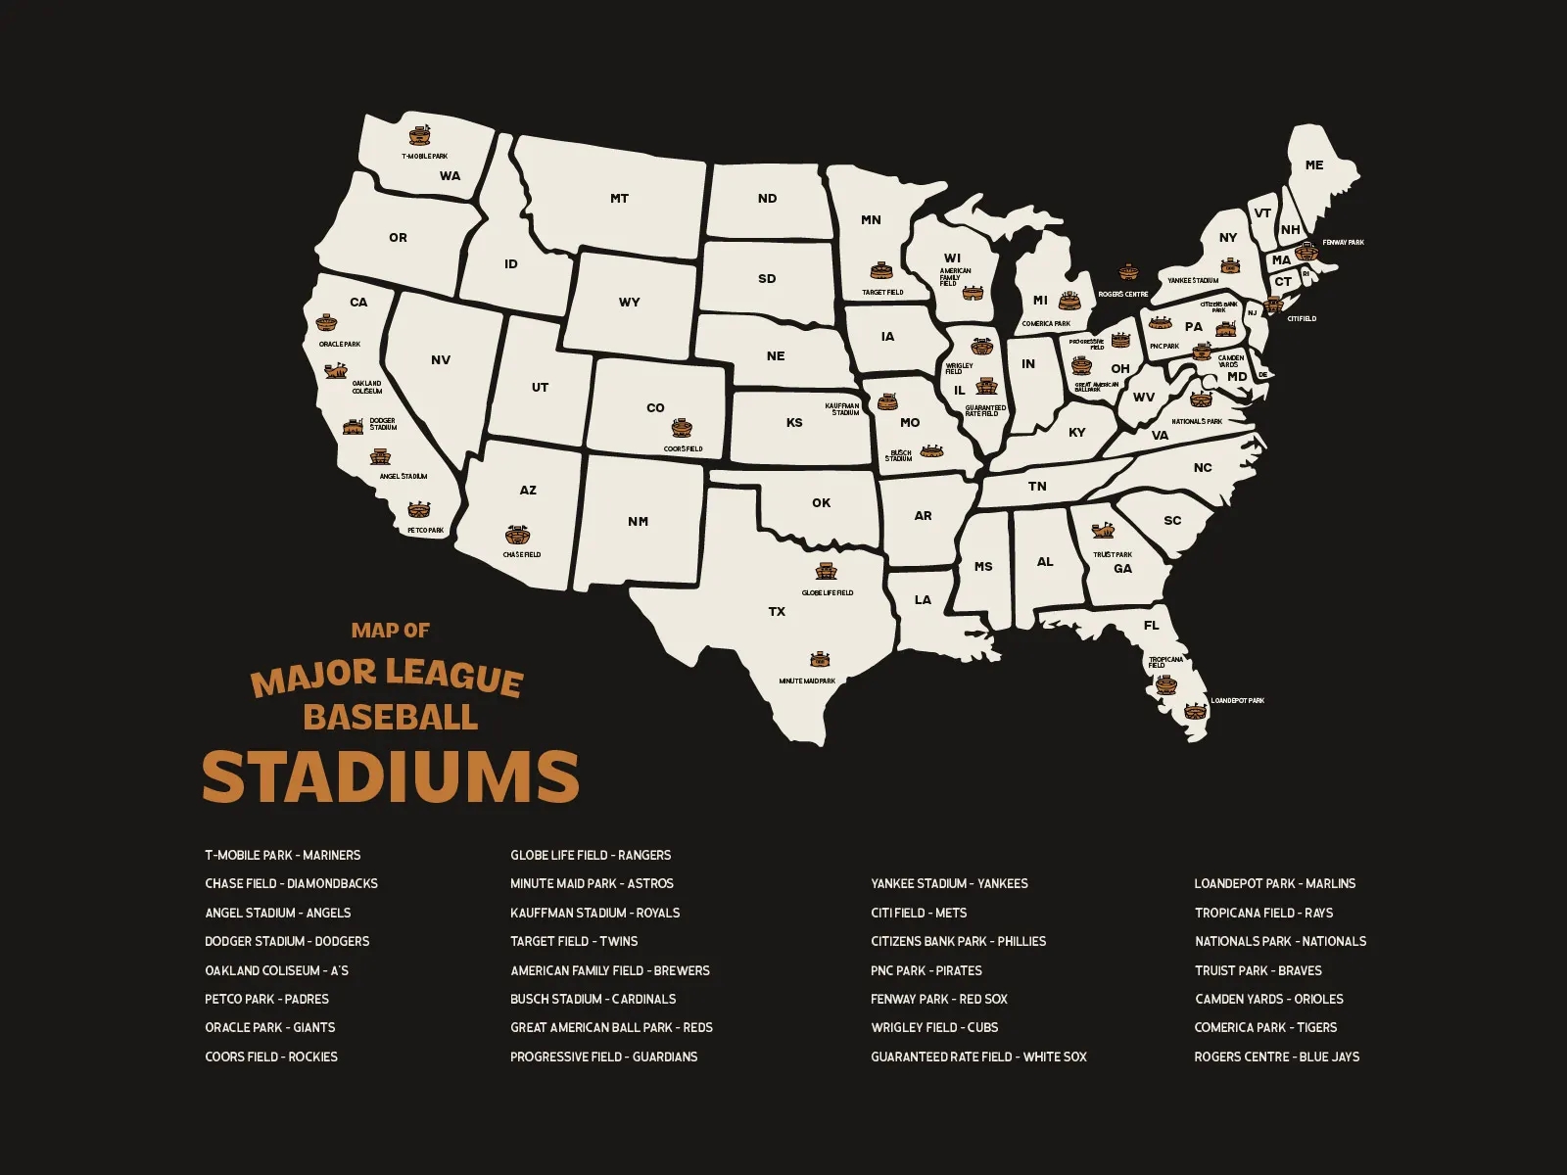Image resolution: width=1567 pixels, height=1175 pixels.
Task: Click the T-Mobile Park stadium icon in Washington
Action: pos(420,135)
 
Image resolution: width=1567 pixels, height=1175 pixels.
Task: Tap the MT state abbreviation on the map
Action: pos(619,199)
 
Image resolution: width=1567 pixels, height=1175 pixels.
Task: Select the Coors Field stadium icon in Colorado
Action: pos(683,428)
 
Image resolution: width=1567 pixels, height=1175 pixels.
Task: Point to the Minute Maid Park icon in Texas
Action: pos(820,660)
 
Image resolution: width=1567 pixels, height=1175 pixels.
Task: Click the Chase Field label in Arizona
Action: pos(522,554)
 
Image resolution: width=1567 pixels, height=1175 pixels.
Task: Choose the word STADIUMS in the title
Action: pos(391,777)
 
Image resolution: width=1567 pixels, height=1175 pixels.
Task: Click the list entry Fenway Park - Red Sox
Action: pos(938,999)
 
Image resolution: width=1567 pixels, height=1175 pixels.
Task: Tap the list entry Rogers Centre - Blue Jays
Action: pos(1276,1057)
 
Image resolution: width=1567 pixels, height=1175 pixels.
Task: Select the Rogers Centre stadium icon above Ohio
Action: pos(1128,271)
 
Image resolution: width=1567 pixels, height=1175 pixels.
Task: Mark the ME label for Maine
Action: pos(1313,165)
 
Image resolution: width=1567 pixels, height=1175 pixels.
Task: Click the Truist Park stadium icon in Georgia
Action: pos(1103,532)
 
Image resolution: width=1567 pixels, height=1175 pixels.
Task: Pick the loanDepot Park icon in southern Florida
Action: pos(1194,712)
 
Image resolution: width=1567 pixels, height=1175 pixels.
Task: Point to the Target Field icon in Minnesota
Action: pos(881,270)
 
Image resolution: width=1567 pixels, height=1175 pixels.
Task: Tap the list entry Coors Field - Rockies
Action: pos(271,1057)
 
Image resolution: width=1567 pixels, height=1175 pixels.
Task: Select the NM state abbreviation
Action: pos(638,522)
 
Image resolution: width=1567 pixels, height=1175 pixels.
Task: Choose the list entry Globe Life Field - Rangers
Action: pos(591,855)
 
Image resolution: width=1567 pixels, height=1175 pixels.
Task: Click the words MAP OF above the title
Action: pos(390,631)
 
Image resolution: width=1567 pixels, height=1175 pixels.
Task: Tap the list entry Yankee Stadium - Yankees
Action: pos(949,883)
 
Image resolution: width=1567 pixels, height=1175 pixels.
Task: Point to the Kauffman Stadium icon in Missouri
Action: pos(887,402)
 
